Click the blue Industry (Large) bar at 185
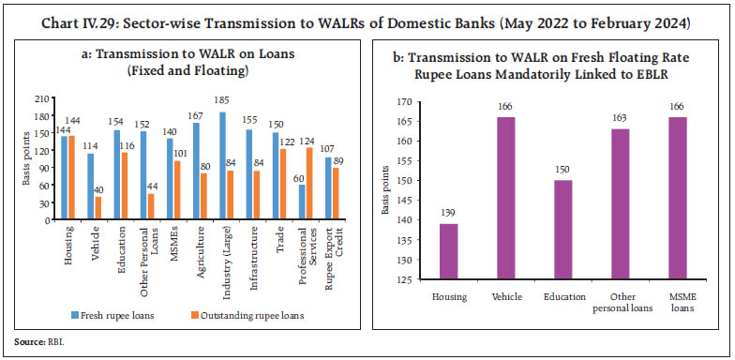221,158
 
